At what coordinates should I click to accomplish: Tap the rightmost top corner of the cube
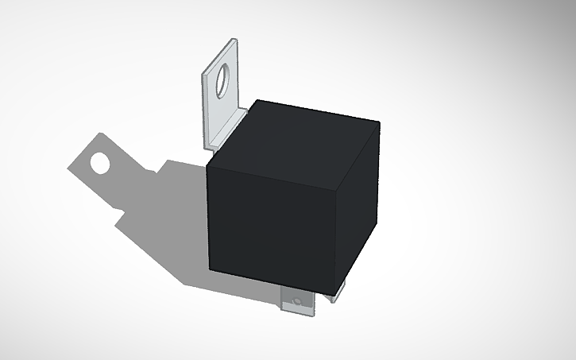click(x=379, y=123)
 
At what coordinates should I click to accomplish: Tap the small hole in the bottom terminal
click(x=296, y=302)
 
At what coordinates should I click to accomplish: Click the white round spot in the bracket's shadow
click(x=100, y=164)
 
